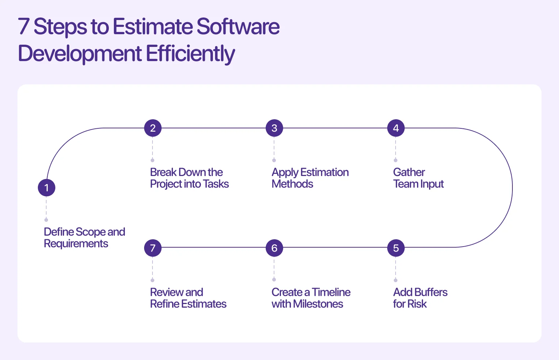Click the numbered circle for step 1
[47, 188]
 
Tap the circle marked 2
[153, 128]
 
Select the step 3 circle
[274, 128]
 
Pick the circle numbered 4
[396, 128]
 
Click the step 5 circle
[396, 248]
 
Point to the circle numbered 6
[274, 248]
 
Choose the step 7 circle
[153, 248]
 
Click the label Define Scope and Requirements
[84, 237]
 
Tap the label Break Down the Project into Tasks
[189, 178]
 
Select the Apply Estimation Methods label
[310, 178]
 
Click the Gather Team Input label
[418, 178]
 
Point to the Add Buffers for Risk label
[420, 298]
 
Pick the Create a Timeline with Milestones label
[311, 298]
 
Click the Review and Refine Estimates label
[188, 298]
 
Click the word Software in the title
[238, 27]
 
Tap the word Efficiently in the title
[190, 53]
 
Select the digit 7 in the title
[24, 27]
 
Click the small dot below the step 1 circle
[46, 220]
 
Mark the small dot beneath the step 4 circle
[396, 160]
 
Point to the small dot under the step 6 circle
[274, 280]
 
